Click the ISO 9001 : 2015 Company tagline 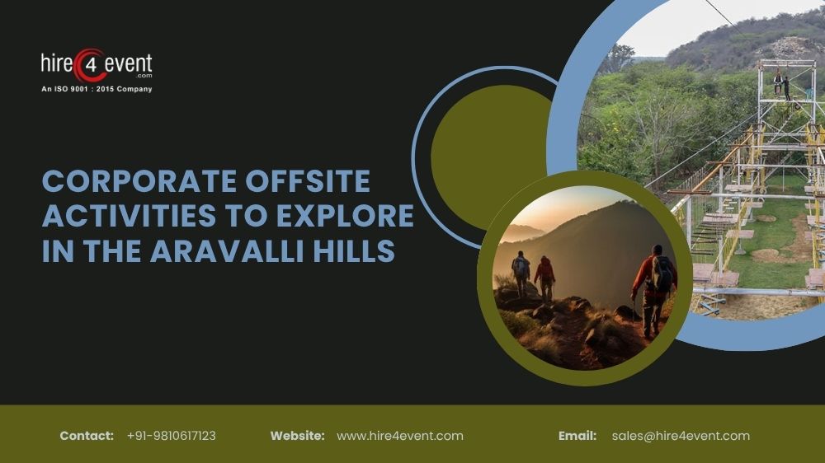pos(97,89)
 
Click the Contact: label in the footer pos(87,436)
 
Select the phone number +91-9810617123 pos(171,436)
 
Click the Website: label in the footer pos(297,436)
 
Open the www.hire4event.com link pos(400,436)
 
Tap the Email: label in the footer pos(577,436)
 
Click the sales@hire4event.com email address pos(681,436)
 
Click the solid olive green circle pos(483,144)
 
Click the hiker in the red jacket pos(544,276)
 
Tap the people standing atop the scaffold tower pos(781,84)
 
